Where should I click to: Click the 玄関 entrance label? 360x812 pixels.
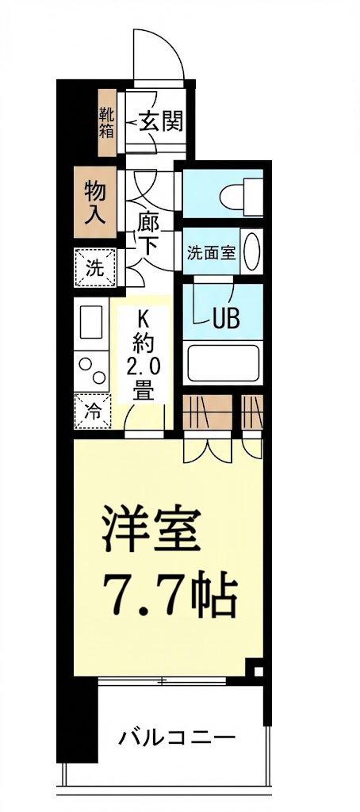coord(162,121)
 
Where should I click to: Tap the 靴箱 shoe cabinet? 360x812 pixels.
coord(106,122)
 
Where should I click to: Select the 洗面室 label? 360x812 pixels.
coord(211,254)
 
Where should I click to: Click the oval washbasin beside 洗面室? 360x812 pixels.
coord(251,252)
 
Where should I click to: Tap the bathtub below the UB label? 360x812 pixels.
coord(224,362)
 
